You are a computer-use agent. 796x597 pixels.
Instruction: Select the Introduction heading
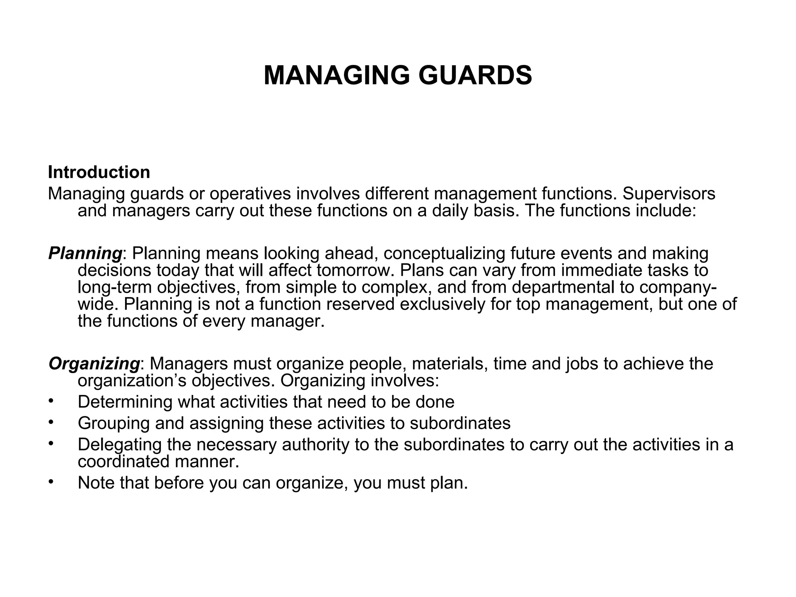(x=99, y=172)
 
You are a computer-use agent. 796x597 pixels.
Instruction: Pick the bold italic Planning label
(x=85, y=253)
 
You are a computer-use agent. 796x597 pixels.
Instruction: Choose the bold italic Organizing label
(x=94, y=364)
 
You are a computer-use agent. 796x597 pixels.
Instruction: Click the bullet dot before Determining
(x=51, y=401)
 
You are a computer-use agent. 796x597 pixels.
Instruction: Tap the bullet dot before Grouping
(x=51, y=422)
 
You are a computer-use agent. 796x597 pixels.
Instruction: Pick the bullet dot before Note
(x=51, y=482)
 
